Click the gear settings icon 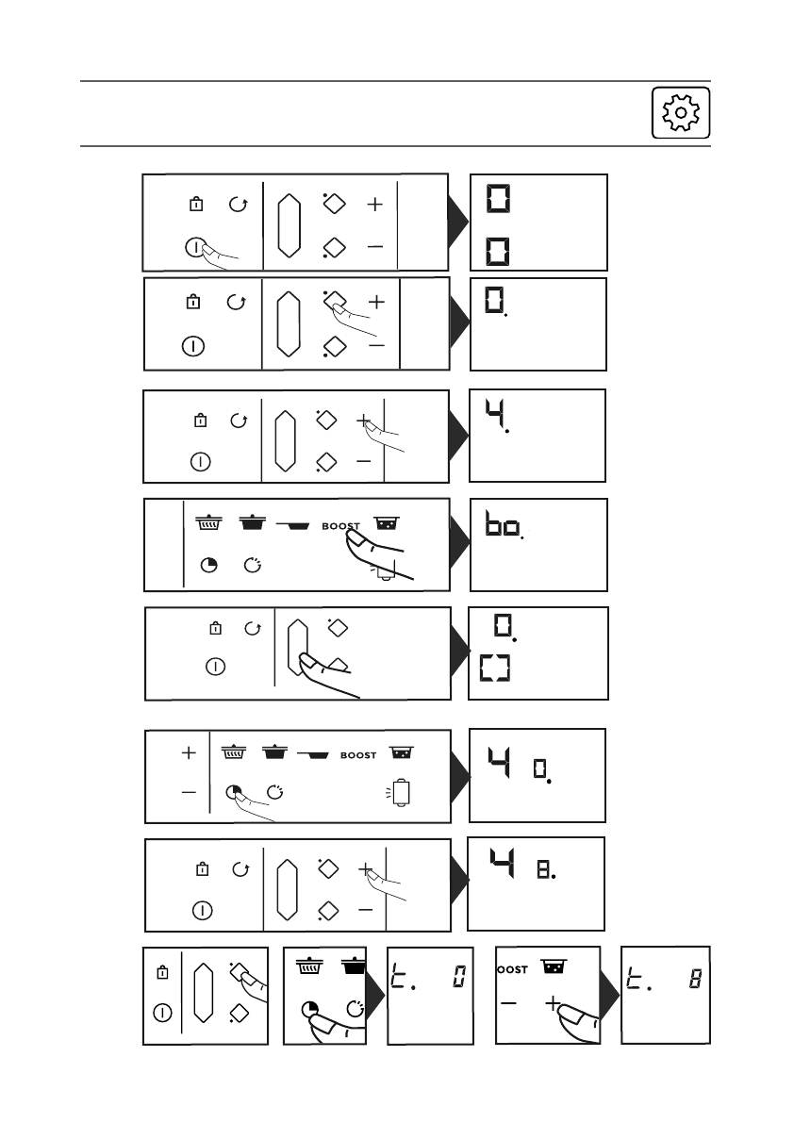[680, 113]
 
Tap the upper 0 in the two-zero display [497, 199]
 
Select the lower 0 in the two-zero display [497, 252]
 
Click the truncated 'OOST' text [512, 969]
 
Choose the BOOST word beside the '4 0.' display [357, 754]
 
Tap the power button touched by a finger [193, 248]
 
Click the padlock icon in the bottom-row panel [162, 972]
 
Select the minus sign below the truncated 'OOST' [510, 1004]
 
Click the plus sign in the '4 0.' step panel [190, 753]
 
